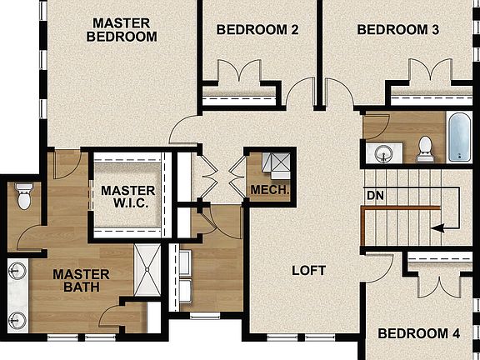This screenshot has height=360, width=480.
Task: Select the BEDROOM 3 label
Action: coord(398,30)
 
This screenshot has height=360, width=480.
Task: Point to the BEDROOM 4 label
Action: coord(419,334)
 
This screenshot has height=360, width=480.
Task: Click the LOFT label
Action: coord(308,271)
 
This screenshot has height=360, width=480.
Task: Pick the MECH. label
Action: coord(270,191)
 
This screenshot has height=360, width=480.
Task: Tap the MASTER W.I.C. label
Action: coord(127,197)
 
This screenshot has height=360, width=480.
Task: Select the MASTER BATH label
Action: coord(82,281)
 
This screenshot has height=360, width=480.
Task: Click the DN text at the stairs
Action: coord(375,196)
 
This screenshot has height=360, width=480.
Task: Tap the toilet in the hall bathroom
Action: coord(425,146)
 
